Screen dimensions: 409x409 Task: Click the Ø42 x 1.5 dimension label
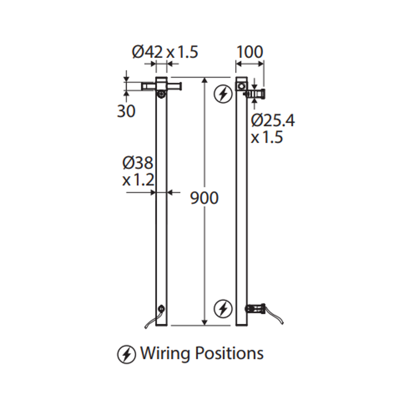tap(165, 52)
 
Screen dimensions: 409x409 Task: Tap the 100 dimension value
tap(250, 52)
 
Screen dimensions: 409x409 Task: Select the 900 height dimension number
tap(204, 198)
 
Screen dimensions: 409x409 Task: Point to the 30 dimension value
tap(126, 111)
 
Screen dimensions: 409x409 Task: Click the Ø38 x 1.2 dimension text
tap(138, 172)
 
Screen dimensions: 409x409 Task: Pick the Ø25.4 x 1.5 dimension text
tap(273, 129)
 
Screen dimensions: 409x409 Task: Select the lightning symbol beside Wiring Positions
tap(126, 355)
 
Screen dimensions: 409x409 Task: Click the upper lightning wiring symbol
tap(223, 94)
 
